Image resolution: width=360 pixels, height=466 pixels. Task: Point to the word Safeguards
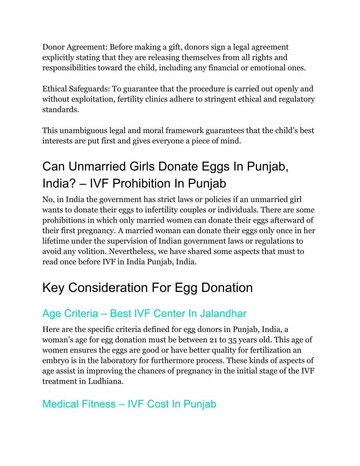[89, 89]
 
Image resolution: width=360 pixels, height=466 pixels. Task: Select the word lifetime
[55, 241]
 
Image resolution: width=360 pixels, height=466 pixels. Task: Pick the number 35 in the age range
[232, 340]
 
